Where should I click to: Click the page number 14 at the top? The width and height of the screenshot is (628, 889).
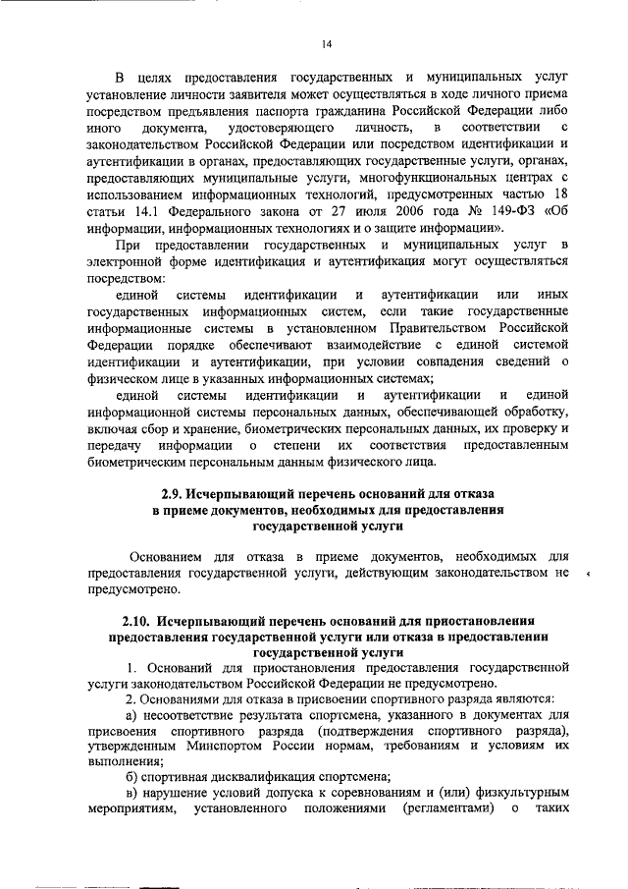tap(327, 43)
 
